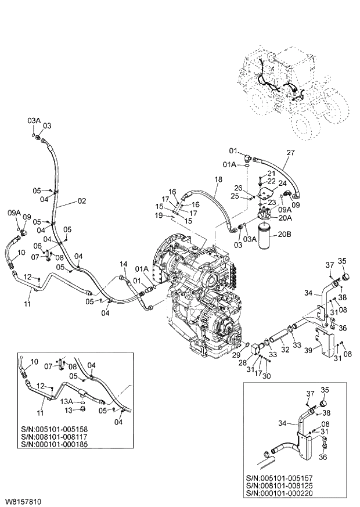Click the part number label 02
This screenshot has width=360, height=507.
tap(82, 202)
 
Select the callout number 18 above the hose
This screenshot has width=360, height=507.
tap(218, 180)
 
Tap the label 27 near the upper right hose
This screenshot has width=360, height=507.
tap(291, 153)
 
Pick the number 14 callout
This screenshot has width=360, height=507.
tap(123, 264)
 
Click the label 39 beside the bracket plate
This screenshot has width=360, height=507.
tap(309, 350)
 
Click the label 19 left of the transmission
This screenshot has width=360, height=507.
tap(159, 215)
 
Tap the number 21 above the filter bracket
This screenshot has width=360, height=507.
tap(271, 174)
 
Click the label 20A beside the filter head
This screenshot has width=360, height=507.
tap(286, 218)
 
